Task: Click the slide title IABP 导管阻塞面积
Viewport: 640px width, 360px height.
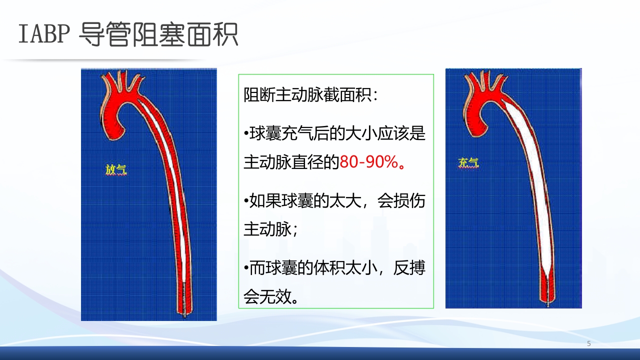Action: click(128, 34)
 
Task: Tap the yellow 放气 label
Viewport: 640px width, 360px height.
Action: click(116, 170)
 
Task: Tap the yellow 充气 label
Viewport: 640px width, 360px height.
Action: click(468, 162)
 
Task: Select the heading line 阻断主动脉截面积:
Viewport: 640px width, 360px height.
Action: click(311, 94)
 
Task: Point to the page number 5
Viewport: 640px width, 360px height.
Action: click(589, 343)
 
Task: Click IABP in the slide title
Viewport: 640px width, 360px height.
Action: click(42, 34)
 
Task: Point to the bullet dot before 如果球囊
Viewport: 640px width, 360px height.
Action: click(246, 201)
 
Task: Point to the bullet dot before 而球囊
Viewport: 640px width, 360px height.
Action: click(246, 269)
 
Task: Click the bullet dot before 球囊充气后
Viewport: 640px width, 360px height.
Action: click(246, 134)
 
